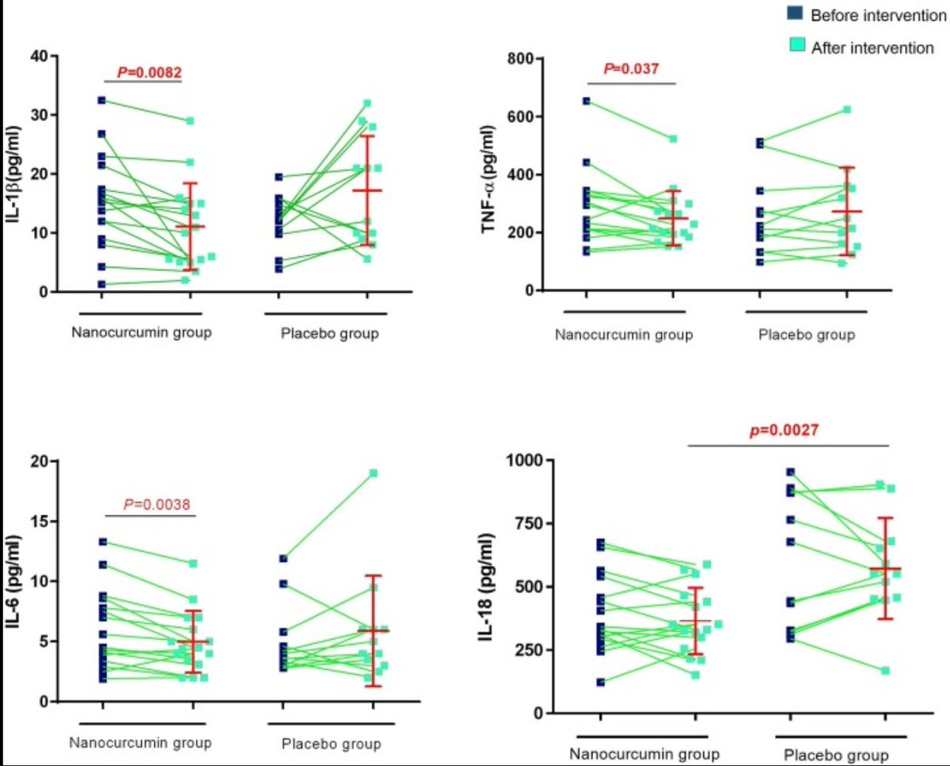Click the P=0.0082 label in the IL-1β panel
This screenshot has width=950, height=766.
(143, 73)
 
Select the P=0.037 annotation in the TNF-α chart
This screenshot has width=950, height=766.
(631, 69)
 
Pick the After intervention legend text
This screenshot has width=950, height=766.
(872, 48)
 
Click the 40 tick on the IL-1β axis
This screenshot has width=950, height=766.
(40, 55)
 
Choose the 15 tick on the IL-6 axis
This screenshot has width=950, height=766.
(40, 521)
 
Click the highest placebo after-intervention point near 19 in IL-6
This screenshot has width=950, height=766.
(372, 474)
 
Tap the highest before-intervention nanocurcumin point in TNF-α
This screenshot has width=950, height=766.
(587, 101)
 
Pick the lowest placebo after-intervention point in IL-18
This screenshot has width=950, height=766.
(886, 671)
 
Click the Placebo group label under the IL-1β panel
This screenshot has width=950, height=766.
(329, 333)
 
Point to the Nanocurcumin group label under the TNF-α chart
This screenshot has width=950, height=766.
(625, 334)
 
